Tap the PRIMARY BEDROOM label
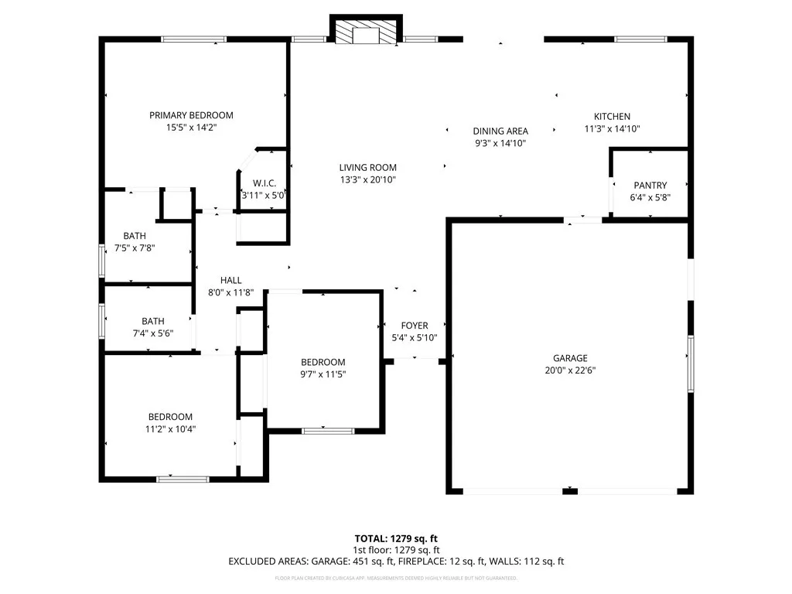tap(191, 115)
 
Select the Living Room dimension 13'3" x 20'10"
tap(367, 179)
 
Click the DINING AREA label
tap(500, 131)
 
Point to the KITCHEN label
tap(612, 117)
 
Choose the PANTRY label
tap(650, 186)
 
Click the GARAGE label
tap(570, 358)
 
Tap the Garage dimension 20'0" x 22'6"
tap(570, 370)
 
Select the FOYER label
tap(414, 326)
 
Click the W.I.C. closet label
tap(264, 183)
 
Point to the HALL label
tap(230, 280)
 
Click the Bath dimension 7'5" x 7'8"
tap(134, 247)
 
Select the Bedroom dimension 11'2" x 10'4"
tap(170, 428)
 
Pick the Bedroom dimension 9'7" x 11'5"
tap(323, 374)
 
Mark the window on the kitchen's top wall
tap(640, 38)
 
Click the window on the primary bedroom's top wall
tap(193, 38)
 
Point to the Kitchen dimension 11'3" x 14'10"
tap(612, 129)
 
